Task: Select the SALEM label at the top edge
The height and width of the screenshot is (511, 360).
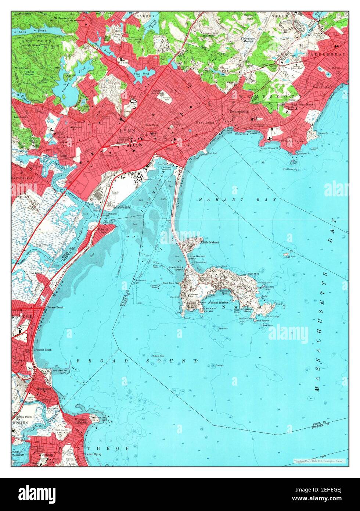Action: point(280,17)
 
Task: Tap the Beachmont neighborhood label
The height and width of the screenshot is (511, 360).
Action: point(44,389)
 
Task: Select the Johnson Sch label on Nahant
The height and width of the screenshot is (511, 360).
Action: point(194,294)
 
